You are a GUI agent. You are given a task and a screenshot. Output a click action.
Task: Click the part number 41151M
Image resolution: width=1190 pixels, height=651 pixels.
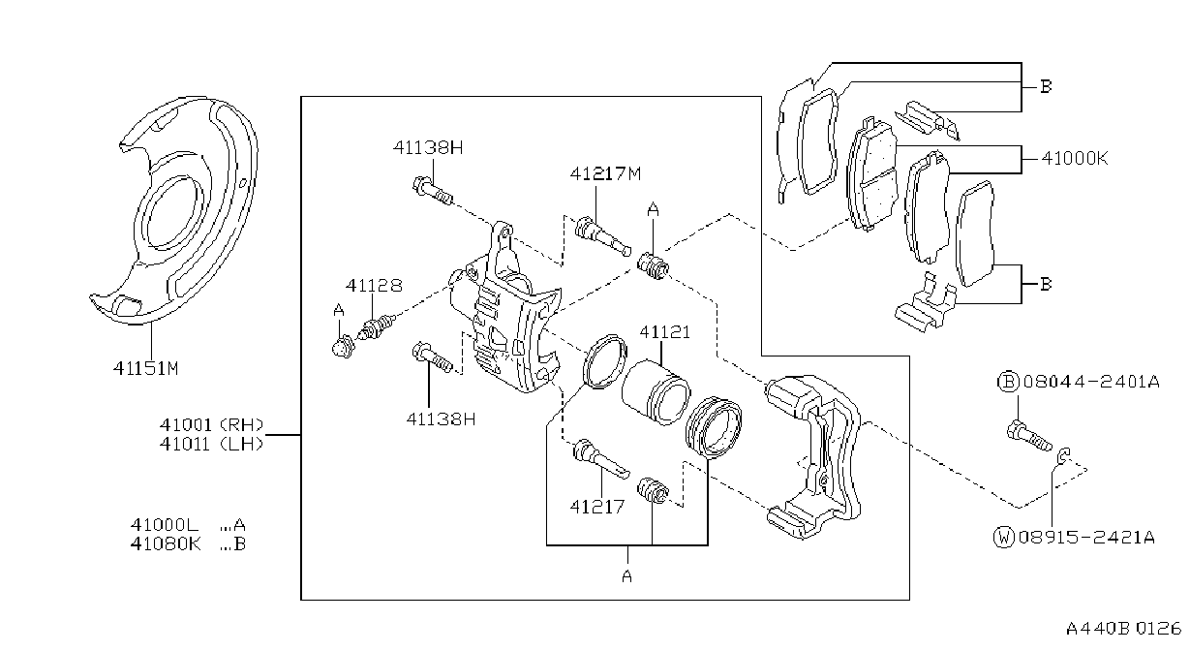point(145,368)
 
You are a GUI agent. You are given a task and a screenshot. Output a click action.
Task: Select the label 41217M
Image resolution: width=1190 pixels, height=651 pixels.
point(605,173)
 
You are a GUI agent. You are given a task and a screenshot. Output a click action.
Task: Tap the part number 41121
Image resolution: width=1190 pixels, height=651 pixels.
point(664,332)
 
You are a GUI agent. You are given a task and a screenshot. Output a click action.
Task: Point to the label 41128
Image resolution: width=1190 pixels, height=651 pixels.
point(374,286)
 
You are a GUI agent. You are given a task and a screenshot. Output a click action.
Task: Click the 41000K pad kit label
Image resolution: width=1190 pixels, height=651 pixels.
point(1075,158)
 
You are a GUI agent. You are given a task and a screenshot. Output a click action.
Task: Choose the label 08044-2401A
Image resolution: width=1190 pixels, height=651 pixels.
point(1091,382)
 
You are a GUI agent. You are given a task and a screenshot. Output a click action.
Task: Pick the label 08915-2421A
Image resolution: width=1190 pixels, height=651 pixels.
point(1086,538)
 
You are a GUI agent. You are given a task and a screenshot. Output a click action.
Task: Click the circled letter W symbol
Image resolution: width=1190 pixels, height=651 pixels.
point(1003,538)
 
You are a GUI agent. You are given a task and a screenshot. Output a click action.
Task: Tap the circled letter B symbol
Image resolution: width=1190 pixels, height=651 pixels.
point(1008,382)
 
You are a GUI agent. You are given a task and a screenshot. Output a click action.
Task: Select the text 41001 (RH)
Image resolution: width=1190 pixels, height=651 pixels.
point(211,424)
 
